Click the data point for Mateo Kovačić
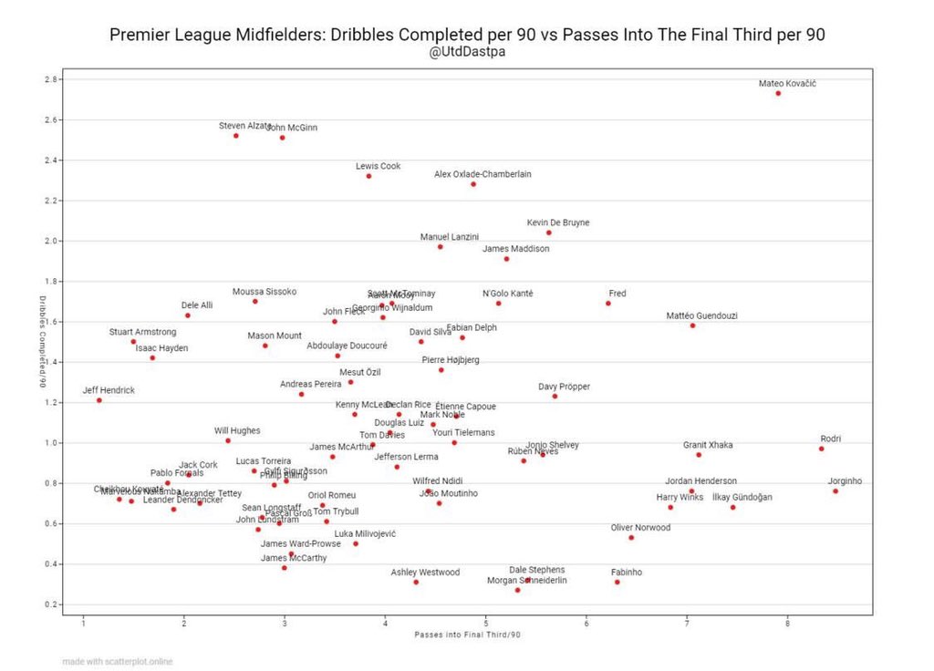pyautogui.click(x=778, y=93)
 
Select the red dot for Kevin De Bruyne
pyautogui.click(x=548, y=232)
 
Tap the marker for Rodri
pyautogui.click(x=821, y=449)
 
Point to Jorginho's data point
pyautogui.click(x=835, y=491)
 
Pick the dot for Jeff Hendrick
pyautogui.click(x=99, y=400)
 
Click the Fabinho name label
pyautogui.click(x=627, y=573)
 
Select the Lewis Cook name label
pyautogui.click(x=378, y=167)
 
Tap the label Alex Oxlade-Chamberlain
pyautogui.click(x=483, y=174)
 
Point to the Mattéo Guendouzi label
pyautogui.click(x=701, y=316)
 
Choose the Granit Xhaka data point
pyautogui.click(x=699, y=455)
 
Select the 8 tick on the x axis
pyautogui.click(x=787, y=624)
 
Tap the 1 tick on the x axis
pyautogui.click(x=83, y=624)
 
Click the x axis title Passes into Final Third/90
pyautogui.click(x=467, y=634)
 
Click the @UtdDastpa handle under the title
pyautogui.click(x=467, y=52)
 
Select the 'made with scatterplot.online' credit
pyautogui.click(x=118, y=661)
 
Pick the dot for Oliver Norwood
pyautogui.click(x=630, y=538)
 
